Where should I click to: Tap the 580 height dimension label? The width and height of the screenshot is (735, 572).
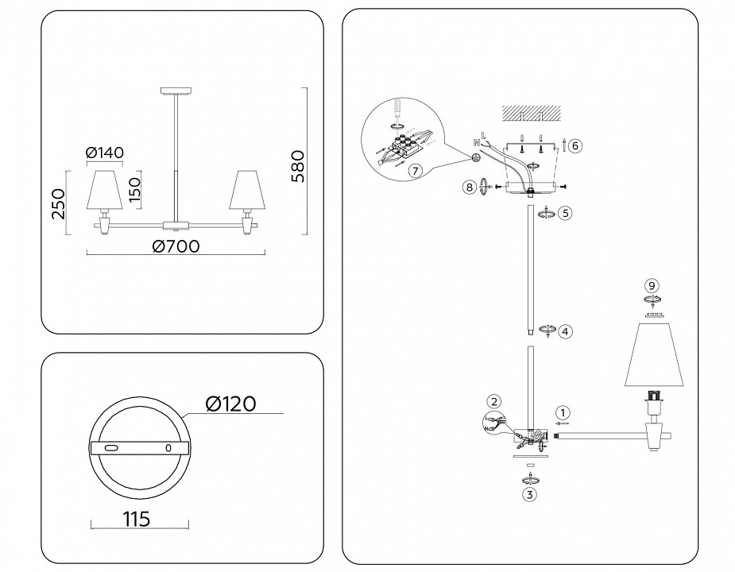click(x=297, y=165)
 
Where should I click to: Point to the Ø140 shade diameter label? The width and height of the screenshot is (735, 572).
click(x=105, y=153)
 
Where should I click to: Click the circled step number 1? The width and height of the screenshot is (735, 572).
click(x=563, y=412)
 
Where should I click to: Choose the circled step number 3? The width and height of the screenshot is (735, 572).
click(x=528, y=493)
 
